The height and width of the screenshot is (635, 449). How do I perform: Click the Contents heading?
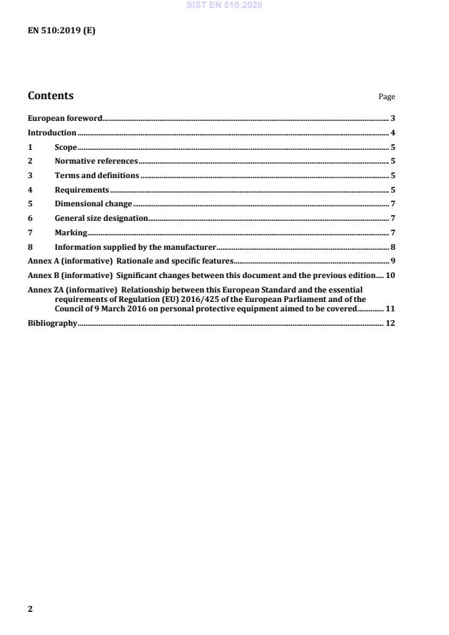coord(51,96)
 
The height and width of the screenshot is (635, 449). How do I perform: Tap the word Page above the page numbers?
coord(387,97)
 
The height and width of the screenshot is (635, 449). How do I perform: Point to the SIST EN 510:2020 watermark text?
coord(224,5)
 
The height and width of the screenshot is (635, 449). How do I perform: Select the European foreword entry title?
coord(64,117)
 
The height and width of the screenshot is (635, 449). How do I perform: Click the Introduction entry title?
coord(51,133)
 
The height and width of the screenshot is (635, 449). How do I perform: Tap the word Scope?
coord(65,148)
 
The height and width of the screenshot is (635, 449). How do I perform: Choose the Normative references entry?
coord(96,161)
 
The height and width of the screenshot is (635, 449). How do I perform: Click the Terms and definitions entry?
coord(96,176)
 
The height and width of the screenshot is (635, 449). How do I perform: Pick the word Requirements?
coord(82,190)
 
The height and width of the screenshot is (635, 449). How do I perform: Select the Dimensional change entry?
coord(93,204)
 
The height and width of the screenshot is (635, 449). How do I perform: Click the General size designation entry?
coord(101,218)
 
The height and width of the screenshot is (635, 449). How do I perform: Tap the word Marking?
coord(70,232)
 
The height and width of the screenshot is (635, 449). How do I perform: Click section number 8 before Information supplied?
coord(30,247)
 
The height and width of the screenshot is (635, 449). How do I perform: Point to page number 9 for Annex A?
coord(392,261)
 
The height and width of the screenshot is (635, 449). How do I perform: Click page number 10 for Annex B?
coord(390,275)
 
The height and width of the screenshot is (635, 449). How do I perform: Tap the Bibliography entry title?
coord(52,323)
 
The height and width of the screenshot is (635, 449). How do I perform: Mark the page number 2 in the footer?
coord(30,609)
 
